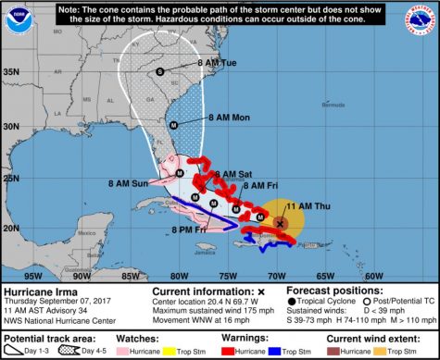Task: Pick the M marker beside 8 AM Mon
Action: (x=172, y=125)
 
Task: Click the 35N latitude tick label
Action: (x=12, y=70)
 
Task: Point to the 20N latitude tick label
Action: (x=12, y=228)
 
